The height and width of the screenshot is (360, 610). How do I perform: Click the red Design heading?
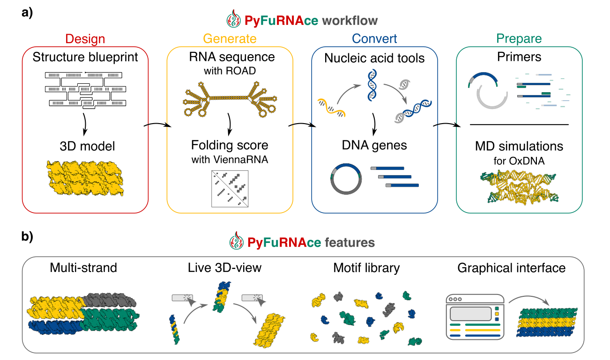pyautogui.click(x=85, y=39)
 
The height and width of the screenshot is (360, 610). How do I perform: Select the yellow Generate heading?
pyautogui.click(x=230, y=39)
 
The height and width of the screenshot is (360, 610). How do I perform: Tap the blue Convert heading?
pyautogui.click(x=374, y=39)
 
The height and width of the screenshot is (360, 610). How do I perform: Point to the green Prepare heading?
pyautogui.click(x=519, y=39)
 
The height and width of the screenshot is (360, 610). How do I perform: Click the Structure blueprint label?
pyautogui.click(x=85, y=58)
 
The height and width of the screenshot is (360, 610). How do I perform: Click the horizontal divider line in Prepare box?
pyautogui.click(x=519, y=125)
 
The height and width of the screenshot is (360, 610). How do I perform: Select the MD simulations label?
pyautogui.click(x=519, y=147)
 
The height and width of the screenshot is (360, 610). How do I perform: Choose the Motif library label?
pyautogui.click(x=366, y=268)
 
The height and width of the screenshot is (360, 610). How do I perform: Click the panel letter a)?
pyautogui.click(x=27, y=13)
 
